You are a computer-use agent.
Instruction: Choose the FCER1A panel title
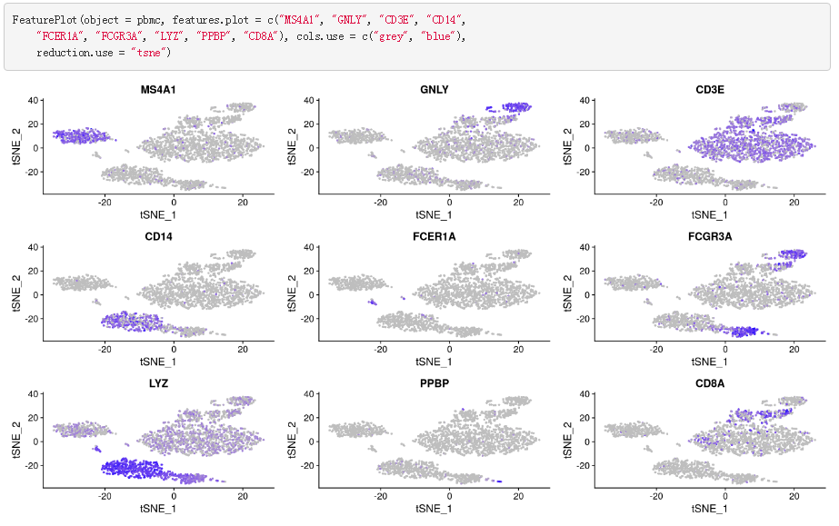[434, 238]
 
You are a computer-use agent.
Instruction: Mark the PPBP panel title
[434, 384]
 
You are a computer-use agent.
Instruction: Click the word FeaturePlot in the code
[45, 19]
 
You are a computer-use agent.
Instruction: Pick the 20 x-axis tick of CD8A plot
[794, 497]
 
